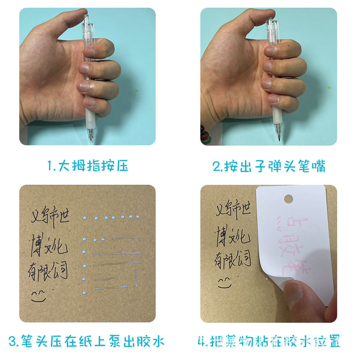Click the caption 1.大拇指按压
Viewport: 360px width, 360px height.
88,166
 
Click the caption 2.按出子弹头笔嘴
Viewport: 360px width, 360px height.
269,166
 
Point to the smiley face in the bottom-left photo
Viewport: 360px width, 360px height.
39,295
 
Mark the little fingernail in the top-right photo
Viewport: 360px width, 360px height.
274,99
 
